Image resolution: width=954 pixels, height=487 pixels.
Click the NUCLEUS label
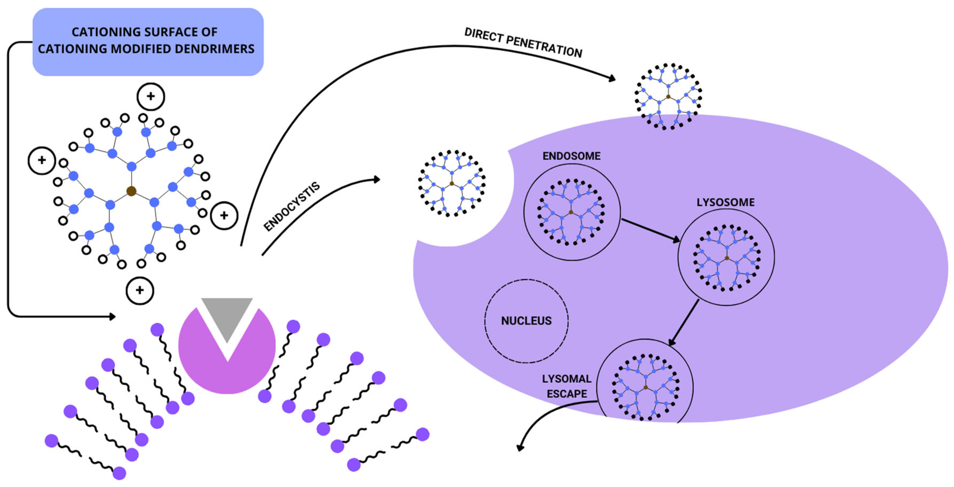526,321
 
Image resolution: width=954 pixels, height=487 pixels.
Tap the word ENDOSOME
571,156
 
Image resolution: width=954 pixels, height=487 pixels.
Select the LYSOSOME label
725,202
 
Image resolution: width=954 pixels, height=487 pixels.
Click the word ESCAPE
567,394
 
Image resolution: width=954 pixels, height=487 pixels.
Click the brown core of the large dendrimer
131,191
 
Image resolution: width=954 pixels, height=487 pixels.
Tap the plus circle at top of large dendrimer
151,96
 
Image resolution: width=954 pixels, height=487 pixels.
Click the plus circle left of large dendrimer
42,160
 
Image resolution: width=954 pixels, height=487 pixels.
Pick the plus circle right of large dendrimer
224,216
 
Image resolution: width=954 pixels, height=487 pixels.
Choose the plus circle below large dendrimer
140,290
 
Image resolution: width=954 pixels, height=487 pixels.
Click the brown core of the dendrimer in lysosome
727,258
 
